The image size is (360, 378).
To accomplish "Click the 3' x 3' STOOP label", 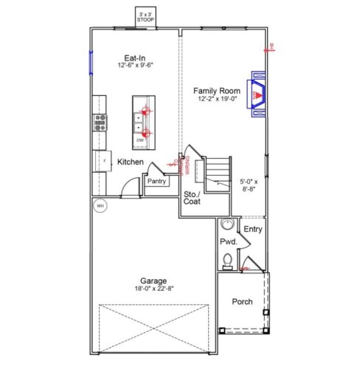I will pyautogui.click(x=145, y=16).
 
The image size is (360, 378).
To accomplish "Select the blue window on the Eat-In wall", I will pyautogui.click(x=91, y=62).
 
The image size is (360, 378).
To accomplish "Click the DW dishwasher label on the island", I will pyautogui.click(x=139, y=139).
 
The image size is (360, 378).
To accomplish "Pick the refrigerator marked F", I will pyautogui.click(x=103, y=159).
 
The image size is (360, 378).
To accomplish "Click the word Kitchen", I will pyautogui.click(x=130, y=162).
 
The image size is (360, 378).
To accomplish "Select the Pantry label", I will pyautogui.click(x=156, y=181).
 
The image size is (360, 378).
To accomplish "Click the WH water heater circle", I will pyautogui.click(x=100, y=206).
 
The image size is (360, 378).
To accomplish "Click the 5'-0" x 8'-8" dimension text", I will pyautogui.click(x=251, y=185).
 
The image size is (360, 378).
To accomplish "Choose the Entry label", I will pyautogui.click(x=253, y=229).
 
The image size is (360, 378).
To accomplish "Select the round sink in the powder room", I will pyautogui.click(x=227, y=225).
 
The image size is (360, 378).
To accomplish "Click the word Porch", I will pyautogui.click(x=243, y=301).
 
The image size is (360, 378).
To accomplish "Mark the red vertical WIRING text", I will pyautogui.click(x=187, y=163).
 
